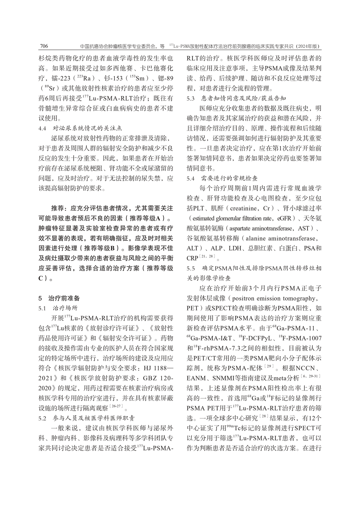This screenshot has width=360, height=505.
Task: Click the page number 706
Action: coord(44,46)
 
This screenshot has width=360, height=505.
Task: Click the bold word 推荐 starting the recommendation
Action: coord(59,209)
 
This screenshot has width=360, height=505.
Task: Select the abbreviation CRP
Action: coord(193,258)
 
